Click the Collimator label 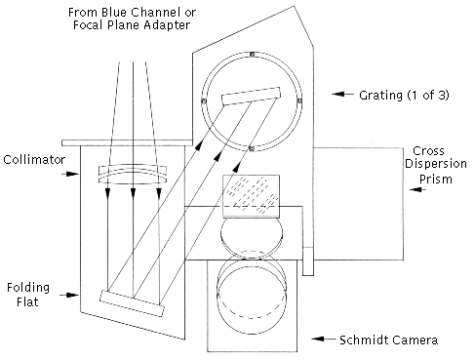[x=34, y=160]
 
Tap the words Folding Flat [x=28, y=295]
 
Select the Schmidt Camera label [x=388, y=340]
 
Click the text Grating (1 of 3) [x=404, y=96]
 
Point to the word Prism [x=436, y=180]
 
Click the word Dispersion [x=436, y=164]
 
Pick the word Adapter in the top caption [x=167, y=25]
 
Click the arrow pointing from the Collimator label [x=70, y=174]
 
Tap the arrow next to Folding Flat [x=69, y=295]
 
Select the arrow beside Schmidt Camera [x=324, y=339]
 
